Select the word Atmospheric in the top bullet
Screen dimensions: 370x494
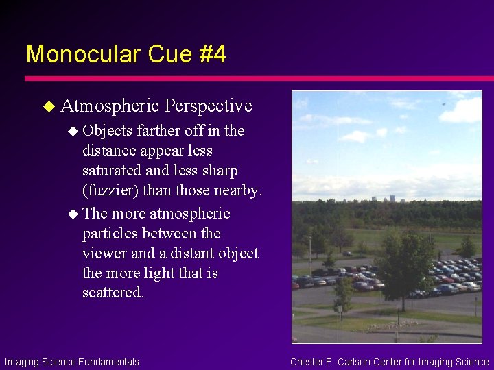click(110, 106)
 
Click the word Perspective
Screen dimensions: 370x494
click(209, 106)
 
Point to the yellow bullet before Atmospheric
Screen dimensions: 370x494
click(48, 106)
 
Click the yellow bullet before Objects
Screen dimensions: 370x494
click(73, 131)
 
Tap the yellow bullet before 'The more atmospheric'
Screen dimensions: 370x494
click(73, 214)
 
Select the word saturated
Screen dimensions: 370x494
click(114, 170)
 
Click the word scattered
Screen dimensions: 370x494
click(113, 293)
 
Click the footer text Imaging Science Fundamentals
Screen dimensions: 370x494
click(71, 362)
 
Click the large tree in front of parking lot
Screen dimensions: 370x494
click(405, 260)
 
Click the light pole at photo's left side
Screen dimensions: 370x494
click(310, 254)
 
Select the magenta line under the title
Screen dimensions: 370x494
click(247, 78)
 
